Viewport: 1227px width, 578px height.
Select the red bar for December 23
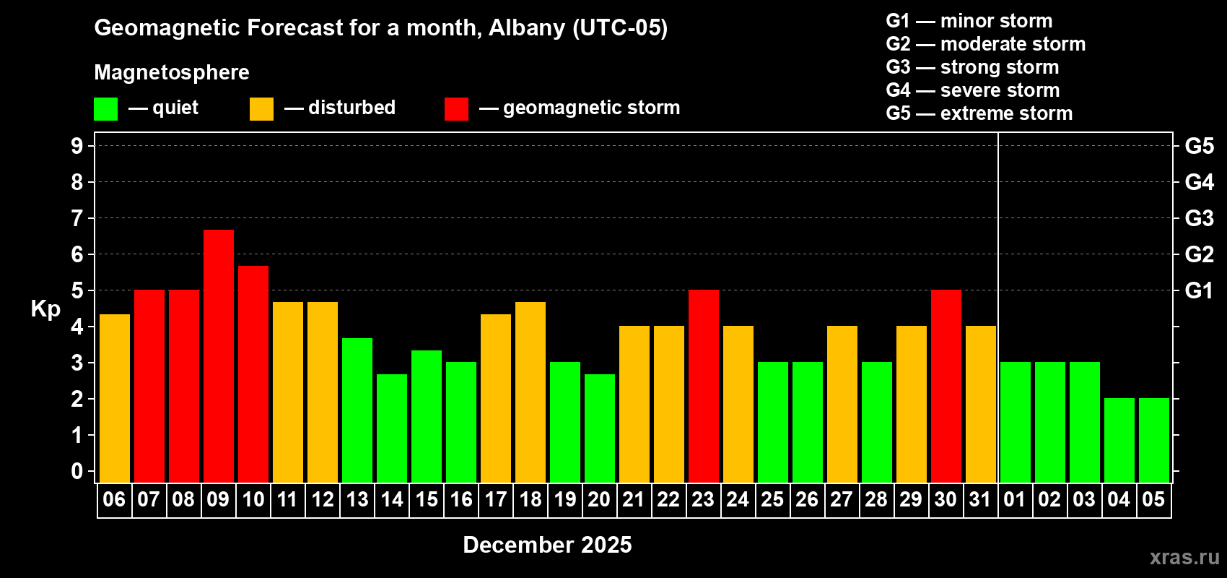tap(704, 386)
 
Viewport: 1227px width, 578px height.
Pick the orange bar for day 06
tap(115, 398)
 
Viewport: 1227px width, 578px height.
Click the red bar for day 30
tap(946, 386)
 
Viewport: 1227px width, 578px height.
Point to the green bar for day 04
tap(1119, 440)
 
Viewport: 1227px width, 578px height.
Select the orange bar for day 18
tap(530, 392)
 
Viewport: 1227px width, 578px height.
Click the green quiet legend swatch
tap(105, 109)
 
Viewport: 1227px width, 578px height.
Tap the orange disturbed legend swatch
tap(261, 109)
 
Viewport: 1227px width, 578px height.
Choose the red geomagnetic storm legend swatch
tap(456, 109)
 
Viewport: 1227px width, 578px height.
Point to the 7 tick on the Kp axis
tap(77, 218)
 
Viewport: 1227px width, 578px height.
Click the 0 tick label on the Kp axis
tap(77, 472)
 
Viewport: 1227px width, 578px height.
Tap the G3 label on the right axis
tap(1199, 218)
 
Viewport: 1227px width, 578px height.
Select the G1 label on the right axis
tap(1199, 290)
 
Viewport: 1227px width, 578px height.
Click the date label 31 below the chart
tap(980, 500)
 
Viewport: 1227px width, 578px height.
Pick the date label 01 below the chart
tap(1015, 500)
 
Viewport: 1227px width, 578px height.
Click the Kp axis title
tap(45, 309)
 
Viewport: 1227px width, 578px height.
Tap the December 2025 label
tap(547, 545)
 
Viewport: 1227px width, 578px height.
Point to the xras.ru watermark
tap(1184, 557)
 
